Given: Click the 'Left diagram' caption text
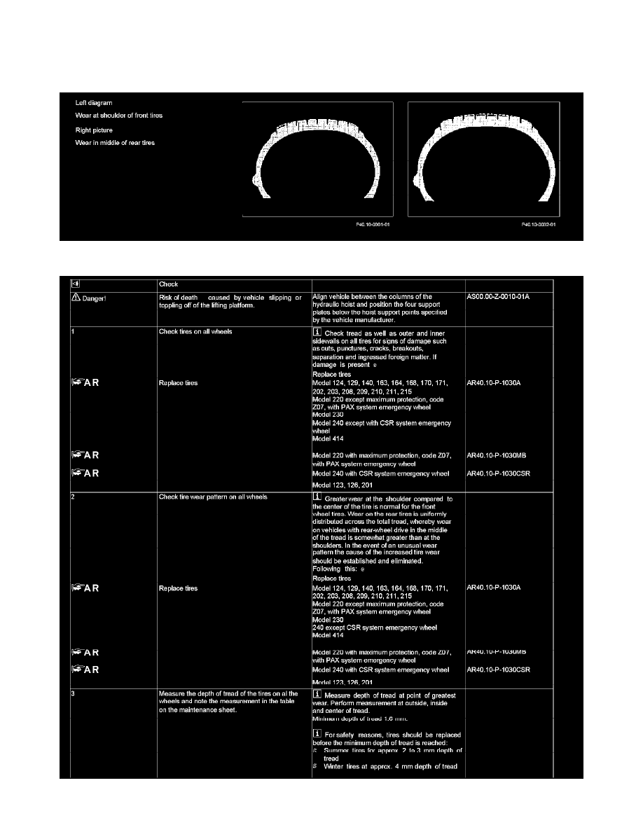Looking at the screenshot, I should (94, 103).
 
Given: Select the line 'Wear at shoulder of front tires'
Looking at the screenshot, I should (119, 115).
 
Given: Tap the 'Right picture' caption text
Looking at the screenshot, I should (94, 130).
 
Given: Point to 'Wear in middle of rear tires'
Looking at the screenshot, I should (115, 143).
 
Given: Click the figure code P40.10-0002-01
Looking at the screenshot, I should (538, 226).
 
